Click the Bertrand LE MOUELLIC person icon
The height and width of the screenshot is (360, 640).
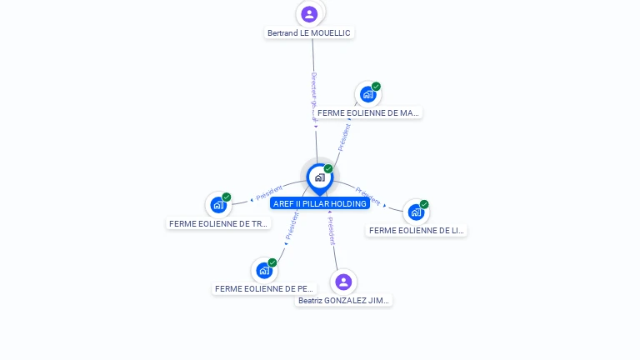point(309,13)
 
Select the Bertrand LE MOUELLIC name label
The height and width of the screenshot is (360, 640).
point(309,33)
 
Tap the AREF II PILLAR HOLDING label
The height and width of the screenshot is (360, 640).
point(319,203)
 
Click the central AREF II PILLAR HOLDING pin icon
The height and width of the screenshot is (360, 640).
point(319,177)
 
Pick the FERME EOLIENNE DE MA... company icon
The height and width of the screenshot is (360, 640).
point(367,94)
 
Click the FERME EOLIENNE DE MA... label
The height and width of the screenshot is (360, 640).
point(368,112)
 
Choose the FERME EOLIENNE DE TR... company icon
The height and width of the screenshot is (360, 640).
point(218,204)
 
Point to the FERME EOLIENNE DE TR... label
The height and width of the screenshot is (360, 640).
point(218,223)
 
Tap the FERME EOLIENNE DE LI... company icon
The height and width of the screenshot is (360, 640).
point(416,212)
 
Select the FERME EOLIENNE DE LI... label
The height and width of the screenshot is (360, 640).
point(416,230)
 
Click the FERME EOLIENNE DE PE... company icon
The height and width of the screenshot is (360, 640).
point(264,270)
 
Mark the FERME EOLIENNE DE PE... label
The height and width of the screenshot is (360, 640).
point(264,289)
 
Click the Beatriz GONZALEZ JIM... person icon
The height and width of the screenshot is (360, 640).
point(343,282)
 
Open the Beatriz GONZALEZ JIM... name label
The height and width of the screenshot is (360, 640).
point(343,300)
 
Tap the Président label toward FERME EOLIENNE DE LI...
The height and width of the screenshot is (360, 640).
point(368,197)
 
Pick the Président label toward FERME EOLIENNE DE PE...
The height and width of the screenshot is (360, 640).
point(292,226)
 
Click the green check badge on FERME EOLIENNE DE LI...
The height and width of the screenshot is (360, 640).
point(424,204)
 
